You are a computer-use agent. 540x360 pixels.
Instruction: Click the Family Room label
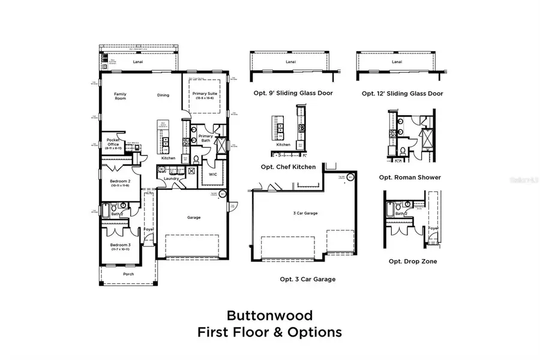(x=121, y=96)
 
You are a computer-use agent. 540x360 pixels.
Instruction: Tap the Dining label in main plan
(x=163, y=95)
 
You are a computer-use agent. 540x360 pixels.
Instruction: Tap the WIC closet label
(x=213, y=174)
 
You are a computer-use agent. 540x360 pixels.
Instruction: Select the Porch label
(x=128, y=274)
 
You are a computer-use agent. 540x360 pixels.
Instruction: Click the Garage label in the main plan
(x=193, y=217)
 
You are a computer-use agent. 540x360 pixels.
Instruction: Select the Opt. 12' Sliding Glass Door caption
(x=403, y=94)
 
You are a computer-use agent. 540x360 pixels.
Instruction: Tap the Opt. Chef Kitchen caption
(x=288, y=167)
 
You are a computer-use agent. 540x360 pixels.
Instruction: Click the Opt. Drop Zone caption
(x=413, y=261)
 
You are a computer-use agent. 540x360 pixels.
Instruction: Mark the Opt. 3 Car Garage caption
(x=308, y=279)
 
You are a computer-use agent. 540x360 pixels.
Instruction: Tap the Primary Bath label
(x=206, y=138)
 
